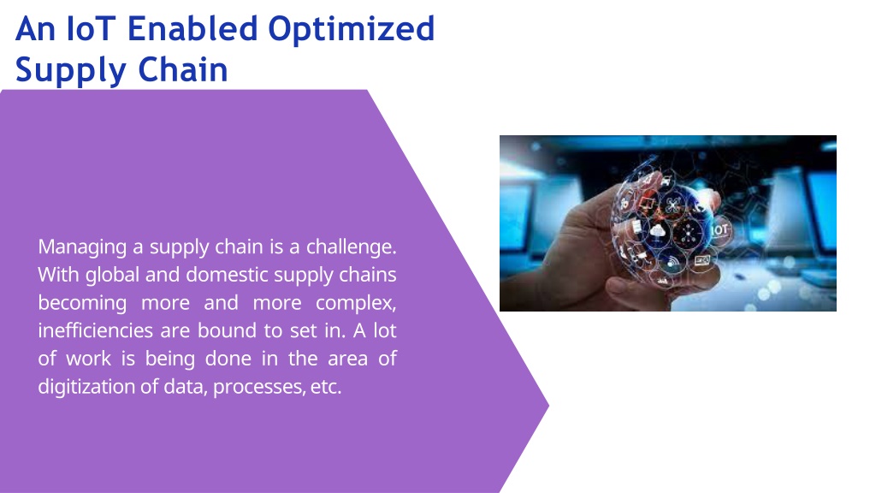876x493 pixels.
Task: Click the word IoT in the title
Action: pyautogui.click(x=91, y=28)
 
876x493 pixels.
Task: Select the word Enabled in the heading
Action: pyautogui.click(x=192, y=28)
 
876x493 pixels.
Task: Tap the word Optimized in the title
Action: pyautogui.click(x=351, y=30)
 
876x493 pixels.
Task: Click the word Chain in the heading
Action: pyautogui.click(x=183, y=70)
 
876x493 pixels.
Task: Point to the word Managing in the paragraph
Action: pyautogui.click(x=82, y=247)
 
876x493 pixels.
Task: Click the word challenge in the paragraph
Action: pyautogui.click(x=351, y=246)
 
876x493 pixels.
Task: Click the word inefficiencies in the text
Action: pyautogui.click(x=95, y=330)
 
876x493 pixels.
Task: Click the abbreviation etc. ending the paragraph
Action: pyautogui.click(x=326, y=386)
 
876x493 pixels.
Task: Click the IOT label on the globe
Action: pyautogui.click(x=719, y=229)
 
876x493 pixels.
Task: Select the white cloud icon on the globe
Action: pyautogui.click(x=658, y=229)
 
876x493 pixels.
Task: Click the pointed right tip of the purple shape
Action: pyautogui.click(x=549, y=406)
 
